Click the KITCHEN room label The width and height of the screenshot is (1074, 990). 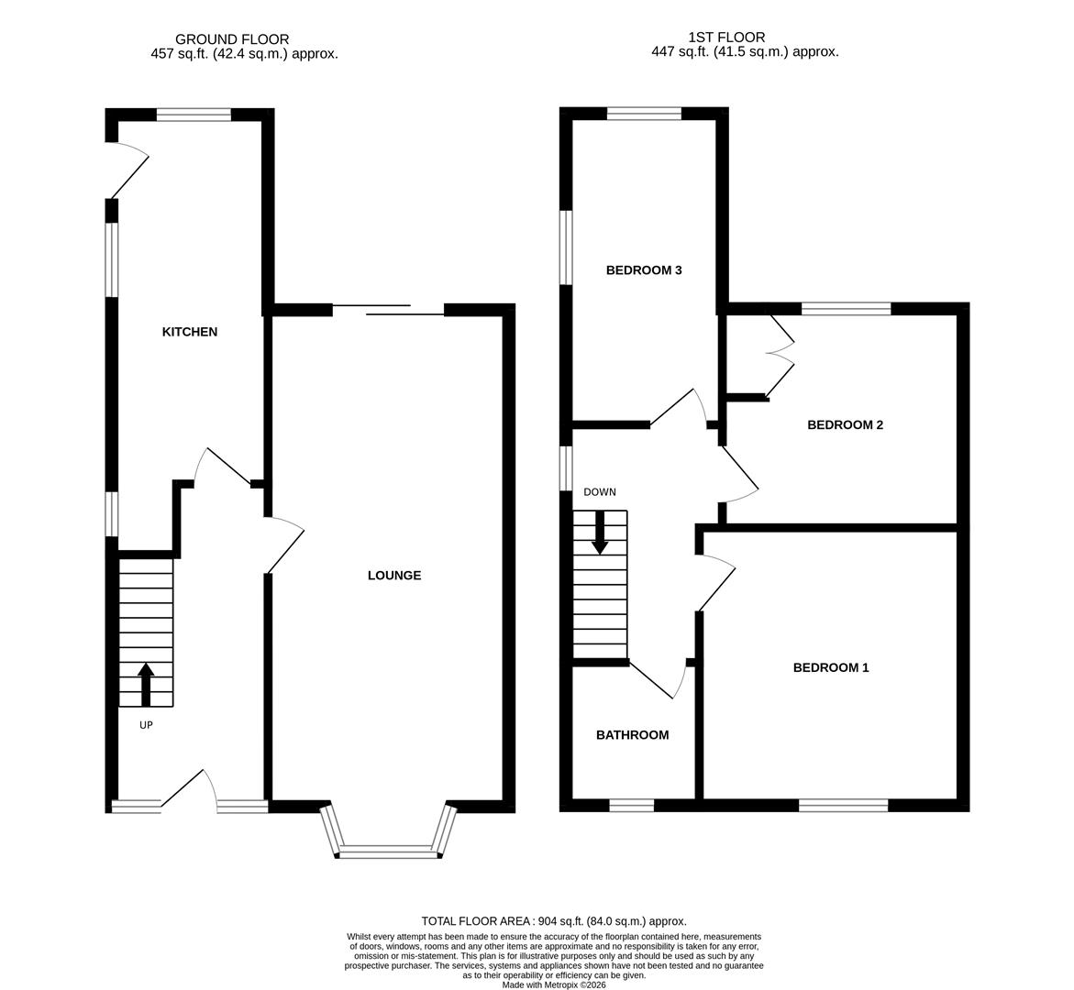pyautogui.click(x=190, y=332)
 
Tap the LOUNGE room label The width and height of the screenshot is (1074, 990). pyautogui.click(x=394, y=576)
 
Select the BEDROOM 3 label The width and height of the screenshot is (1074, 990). pyautogui.click(x=644, y=270)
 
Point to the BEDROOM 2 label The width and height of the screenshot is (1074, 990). pyautogui.click(x=845, y=425)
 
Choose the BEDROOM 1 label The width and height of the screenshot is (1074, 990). pyautogui.click(x=831, y=668)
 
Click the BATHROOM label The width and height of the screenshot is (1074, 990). pyautogui.click(x=632, y=735)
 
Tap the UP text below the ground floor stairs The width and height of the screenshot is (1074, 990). pyautogui.click(x=146, y=725)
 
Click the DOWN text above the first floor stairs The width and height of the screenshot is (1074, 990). pyautogui.click(x=600, y=492)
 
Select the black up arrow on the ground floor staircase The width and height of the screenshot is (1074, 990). pyautogui.click(x=146, y=685)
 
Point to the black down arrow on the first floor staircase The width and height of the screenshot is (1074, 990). pyautogui.click(x=600, y=533)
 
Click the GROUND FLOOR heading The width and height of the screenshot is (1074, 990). pyautogui.click(x=232, y=39)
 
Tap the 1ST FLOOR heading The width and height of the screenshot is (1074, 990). pyautogui.click(x=726, y=38)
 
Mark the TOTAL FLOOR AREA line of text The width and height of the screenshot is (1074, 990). pyautogui.click(x=554, y=921)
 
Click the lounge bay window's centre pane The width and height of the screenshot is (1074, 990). pyautogui.click(x=389, y=852)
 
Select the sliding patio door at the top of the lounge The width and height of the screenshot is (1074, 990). pyautogui.click(x=388, y=310)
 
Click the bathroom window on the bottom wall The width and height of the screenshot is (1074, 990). pyautogui.click(x=632, y=806)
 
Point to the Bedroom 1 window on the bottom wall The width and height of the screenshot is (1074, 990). pyautogui.click(x=843, y=806)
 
